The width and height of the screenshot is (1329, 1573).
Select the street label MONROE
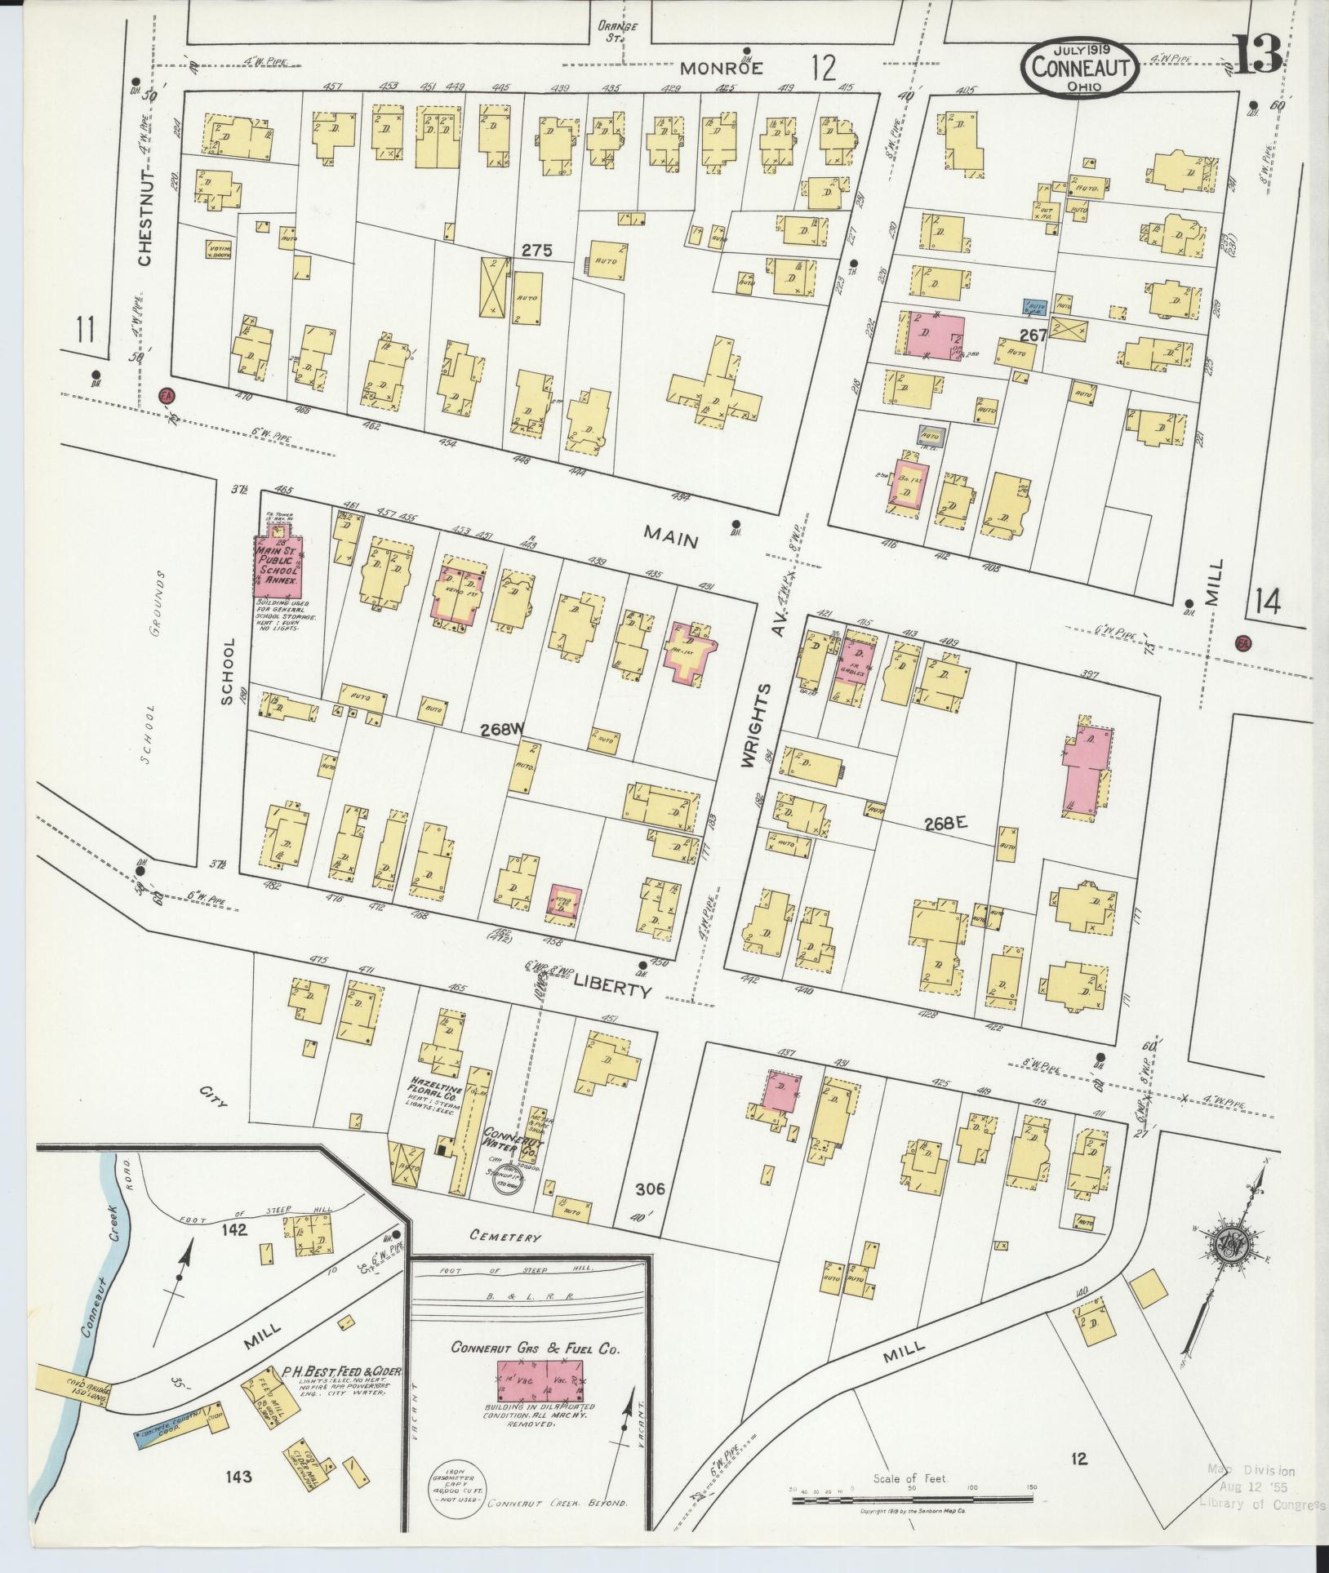pyautogui.click(x=722, y=69)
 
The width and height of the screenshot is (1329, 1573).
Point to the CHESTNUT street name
pyautogui.click(x=145, y=218)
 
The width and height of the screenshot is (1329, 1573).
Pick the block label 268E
pyautogui.click(x=945, y=824)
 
